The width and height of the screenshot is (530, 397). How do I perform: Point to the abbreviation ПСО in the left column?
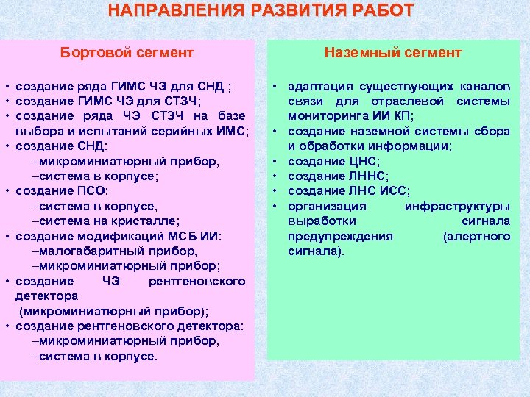pyautogui.click(x=90, y=191)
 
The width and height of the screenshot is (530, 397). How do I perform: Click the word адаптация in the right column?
pyautogui.click(x=319, y=85)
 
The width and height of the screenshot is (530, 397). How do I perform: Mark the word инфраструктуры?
pyautogui.click(x=457, y=206)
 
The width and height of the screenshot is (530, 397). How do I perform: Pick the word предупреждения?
pyautogui.click(x=340, y=236)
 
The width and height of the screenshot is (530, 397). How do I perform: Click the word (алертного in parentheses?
pyautogui.click(x=476, y=236)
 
